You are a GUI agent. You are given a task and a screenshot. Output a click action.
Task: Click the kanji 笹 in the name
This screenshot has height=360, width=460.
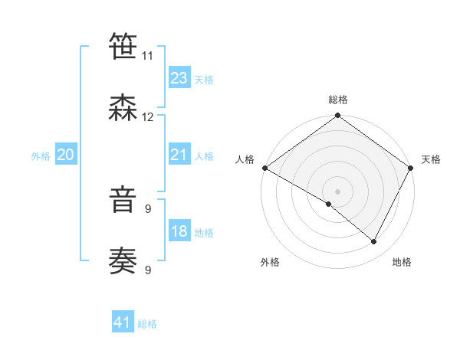pyautogui.click(x=123, y=47)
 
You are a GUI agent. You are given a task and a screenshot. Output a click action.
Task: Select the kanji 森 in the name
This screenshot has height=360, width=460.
pyautogui.click(x=123, y=108)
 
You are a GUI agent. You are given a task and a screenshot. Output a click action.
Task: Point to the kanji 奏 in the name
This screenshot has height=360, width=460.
pyautogui.click(x=123, y=261)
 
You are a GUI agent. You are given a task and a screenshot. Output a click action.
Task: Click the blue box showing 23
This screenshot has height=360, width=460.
pyautogui.click(x=179, y=78)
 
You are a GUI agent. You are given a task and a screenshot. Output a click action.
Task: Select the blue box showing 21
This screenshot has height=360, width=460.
pyautogui.click(x=179, y=155)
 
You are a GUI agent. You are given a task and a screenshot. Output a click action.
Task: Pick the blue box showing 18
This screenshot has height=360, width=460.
pyautogui.click(x=179, y=232)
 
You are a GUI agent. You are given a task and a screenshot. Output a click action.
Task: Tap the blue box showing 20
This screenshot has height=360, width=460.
pyautogui.click(x=66, y=155)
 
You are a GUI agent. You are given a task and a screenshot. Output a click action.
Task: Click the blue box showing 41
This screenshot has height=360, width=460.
pyautogui.click(x=123, y=322)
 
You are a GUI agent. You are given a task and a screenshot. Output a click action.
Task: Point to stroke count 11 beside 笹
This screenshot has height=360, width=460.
pyautogui.click(x=147, y=56)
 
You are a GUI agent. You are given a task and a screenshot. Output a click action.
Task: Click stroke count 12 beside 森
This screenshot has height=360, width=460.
pyautogui.click(x=148, y=117)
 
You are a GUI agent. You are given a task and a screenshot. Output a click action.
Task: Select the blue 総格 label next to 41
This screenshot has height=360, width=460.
pyautogui.click(x=147, y=324)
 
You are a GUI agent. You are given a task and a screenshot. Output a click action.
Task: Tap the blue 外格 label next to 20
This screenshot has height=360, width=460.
pyautogui.click(x=41, y=156)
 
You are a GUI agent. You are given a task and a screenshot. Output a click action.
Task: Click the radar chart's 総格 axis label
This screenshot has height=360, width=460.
pyautogui.click(x=338, y=100)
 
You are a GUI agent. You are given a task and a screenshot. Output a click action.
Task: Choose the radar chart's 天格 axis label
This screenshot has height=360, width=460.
pyautogui.click(x=431, y=159)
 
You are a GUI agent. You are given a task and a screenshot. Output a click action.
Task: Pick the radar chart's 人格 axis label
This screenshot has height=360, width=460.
pyautogui.click(x=245, y=159)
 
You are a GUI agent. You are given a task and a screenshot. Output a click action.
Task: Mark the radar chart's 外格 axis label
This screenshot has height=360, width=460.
pyautogui.click(x=270, y=263)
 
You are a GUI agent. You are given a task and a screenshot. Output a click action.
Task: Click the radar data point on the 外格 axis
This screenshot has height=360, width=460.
pyautogui.click(x=329, y=204)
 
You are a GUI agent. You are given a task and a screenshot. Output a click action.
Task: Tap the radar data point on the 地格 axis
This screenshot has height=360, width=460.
pyautogui.click(x=374, y=242)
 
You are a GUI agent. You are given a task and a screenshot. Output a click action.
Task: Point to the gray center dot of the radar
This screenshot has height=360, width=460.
pyautogui.click(x=337, y=191)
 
